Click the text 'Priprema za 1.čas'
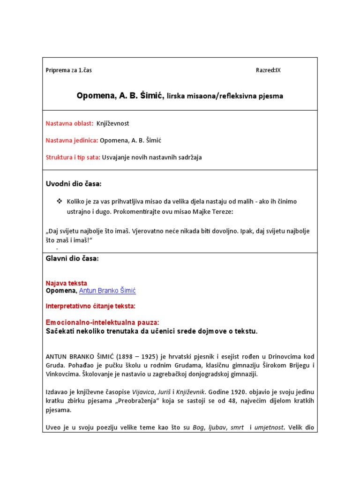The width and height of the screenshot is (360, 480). click(x=69, y=70)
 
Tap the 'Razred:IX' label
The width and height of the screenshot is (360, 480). click(x=268, y=70)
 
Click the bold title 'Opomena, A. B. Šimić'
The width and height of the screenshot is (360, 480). click(x=120, y=96)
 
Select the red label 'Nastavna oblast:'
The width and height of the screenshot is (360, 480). click(x=69, y=123)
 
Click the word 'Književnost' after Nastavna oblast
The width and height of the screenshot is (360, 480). click(x=112, y=123)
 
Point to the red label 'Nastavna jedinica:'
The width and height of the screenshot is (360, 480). click(x=72, y=140)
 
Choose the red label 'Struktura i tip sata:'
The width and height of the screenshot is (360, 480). click(x=73, y=157)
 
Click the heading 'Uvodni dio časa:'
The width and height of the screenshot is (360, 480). click(x=73, y=183)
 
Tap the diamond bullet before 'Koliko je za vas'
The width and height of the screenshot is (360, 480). click(x=59, y=201)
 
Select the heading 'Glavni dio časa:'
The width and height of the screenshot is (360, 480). click(x=72, y=259)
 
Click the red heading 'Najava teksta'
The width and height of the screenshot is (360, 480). click(x=66, y=283)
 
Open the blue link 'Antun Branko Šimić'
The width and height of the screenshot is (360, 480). click(x=107, y=291)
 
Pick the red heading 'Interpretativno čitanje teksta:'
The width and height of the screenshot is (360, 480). click(x=90, y=306)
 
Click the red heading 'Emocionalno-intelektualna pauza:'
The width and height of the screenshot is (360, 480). click(x=102, y=322)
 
